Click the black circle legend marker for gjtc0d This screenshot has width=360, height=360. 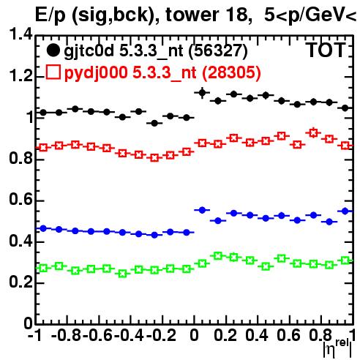(53, 50)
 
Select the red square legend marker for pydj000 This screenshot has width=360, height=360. (53, 72)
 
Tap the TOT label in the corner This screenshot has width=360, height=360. (326, 50)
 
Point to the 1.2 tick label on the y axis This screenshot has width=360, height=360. (20, 76)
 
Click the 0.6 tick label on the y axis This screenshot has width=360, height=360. (20, 200)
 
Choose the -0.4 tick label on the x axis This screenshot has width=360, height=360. (130, 335)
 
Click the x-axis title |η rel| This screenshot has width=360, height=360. (337, 349)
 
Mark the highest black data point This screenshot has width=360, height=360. (202, 93)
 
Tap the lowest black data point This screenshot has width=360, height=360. (154, 124)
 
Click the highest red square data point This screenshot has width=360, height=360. (313, 133)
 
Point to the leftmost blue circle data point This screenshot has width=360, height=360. (43, 228)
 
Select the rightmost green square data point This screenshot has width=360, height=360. (345, 260)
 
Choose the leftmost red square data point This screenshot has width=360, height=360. (43, 148)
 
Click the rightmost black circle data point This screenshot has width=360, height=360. (345, 108)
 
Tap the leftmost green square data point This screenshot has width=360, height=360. (43, 269)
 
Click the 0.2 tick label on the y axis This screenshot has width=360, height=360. (20, 282)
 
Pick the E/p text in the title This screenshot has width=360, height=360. (50, 15)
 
